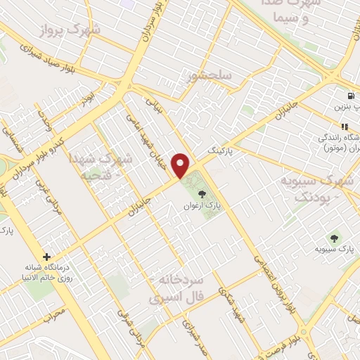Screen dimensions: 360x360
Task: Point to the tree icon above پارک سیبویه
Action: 334,236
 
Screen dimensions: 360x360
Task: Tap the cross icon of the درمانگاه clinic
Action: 47,257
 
